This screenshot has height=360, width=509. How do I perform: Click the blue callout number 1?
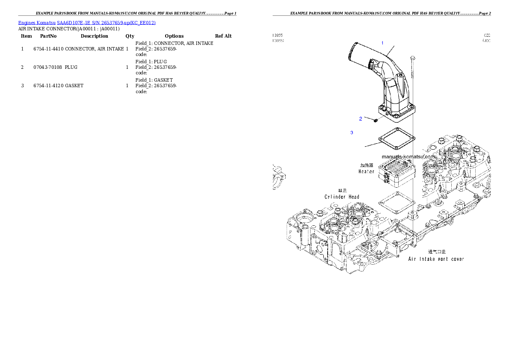(382, 43)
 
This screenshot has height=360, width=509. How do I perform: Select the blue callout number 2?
(361, 119)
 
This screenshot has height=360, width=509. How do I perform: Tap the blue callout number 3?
(352, 133)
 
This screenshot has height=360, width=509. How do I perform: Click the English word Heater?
(367, 171)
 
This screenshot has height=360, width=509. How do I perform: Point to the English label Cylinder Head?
(342, 197)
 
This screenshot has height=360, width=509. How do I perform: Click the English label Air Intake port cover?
(436, 259)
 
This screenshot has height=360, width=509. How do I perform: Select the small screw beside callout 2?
(375, 121)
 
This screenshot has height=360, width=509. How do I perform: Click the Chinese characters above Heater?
(367, 165)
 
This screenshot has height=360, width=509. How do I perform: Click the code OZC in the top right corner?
(487, 35)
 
